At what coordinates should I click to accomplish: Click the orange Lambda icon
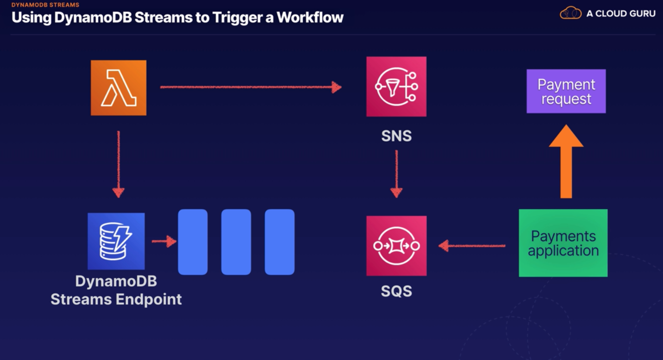pos(118,88)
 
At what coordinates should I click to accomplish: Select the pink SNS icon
pos(396,87)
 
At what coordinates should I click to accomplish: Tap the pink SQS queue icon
pos(396,246)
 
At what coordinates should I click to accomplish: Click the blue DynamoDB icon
pos(116,241)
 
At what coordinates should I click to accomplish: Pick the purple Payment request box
pos(566,91)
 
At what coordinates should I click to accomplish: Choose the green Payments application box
pos(563,243)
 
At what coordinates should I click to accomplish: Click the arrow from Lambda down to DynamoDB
pos(118,164)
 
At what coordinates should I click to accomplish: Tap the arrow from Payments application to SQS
pos(472,245)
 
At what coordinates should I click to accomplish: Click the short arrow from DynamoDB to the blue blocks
pos(164,242)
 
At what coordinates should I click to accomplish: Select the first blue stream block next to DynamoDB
pos(193,242)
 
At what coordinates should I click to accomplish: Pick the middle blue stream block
pos(236,242)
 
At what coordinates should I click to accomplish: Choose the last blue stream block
pos(279,242)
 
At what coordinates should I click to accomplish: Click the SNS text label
pos(396,136)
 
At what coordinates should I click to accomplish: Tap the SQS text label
pos(396,291)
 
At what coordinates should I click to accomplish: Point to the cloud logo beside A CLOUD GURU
pos(571,13)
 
